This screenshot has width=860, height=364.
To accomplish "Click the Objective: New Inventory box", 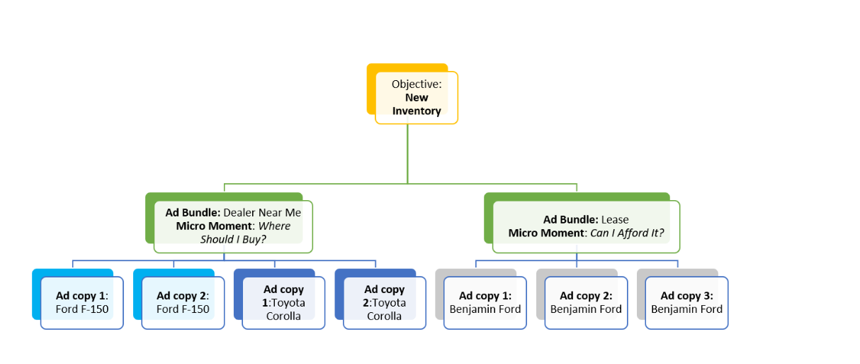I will (x=417, y=98).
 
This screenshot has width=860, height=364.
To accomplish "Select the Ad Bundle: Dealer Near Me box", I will (x=233, y=226).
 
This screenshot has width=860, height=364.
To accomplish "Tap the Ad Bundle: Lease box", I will (x=586, y=226).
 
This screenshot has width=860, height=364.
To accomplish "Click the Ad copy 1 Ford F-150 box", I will (x=81, y=302).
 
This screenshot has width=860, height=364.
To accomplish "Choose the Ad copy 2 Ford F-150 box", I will (x=183, y=302).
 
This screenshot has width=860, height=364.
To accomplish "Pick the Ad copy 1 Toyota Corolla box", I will (x=283, y=302).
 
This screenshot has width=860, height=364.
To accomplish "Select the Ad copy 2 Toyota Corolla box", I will (x=385, y=302).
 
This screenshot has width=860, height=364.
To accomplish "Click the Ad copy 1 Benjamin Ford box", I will (x=485, y=302).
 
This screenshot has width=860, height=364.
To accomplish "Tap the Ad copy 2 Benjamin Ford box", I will (x=586, y=302).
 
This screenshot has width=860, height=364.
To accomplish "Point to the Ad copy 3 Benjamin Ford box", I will (x=686, y=302).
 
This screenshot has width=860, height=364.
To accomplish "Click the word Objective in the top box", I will (x=417, y=84).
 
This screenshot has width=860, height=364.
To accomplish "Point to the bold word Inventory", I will (x=417, y=111).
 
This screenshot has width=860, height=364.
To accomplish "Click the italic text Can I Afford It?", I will (x=628, y=233).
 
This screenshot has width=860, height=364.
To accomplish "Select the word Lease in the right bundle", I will (x=615, y=220).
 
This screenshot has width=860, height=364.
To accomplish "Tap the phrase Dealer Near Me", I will (x=262, y=213).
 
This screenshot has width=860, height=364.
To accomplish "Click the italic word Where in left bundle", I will (x=275, y=226).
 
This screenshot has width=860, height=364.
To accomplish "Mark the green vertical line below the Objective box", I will (x=407, y=153).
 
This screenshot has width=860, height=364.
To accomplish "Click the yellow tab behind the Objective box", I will (x=370, y=89).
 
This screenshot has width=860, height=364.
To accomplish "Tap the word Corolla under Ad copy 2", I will (x=385, y=316).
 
